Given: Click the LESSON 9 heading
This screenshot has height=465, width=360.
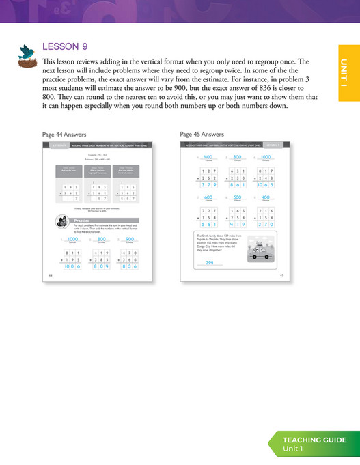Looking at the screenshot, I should click(65, 47).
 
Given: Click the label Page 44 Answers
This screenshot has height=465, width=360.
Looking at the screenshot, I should click(64, 135).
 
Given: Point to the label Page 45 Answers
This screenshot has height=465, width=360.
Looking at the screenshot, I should click(202, 135).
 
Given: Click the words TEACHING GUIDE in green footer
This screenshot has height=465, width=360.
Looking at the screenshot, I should click(315, 440).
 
